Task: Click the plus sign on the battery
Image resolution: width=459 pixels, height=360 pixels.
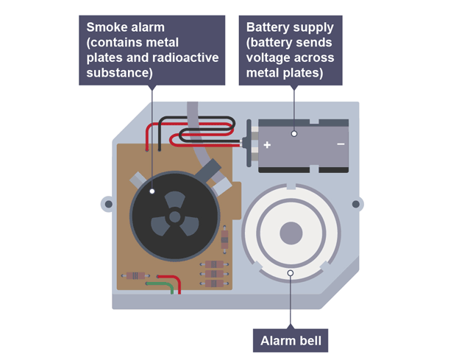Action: click(x=267, y=144)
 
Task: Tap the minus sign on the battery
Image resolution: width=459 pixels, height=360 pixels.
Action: click(x=341, y=144)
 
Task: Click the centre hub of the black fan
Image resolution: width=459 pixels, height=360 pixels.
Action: click(x=175, y=216)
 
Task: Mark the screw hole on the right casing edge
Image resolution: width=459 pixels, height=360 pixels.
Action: click(x=357, y=204)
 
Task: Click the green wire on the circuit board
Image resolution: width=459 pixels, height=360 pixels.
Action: click(x=162, y=284)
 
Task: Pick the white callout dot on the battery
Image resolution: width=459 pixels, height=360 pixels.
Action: click(x=293, y=133)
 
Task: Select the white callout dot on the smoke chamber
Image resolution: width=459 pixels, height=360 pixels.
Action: click(x=153, y=191)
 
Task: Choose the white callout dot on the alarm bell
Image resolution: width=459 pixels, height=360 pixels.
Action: click(x=291, y=273)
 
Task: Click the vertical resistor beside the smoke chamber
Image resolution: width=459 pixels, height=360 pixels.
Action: click(x=224, y=239)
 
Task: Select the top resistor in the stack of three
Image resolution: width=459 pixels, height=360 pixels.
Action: click(x=213, y=264)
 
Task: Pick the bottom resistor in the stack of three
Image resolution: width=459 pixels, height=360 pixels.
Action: click(x=213, y=283)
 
